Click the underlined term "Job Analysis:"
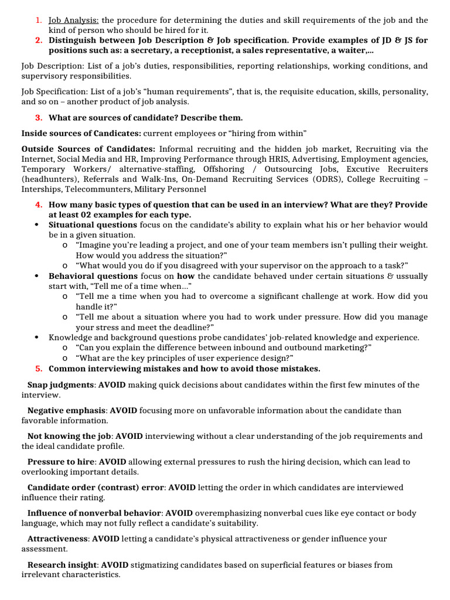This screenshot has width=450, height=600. pos(74,21)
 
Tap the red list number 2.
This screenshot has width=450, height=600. pos(38,40)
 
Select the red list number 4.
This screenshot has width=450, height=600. pos(38,204)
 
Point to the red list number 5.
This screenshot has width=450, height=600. pos(38,369)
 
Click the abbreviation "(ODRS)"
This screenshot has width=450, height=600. pos(323,179)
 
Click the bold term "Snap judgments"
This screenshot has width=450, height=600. pos(61,385)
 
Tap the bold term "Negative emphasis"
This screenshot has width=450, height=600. pos(66,411)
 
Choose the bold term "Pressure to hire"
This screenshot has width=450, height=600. pos(61,462)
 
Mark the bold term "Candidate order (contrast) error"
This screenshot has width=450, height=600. pos(96,487)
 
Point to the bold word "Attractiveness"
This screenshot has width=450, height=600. pos(58,538)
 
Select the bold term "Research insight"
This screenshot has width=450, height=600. pos(62,565)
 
